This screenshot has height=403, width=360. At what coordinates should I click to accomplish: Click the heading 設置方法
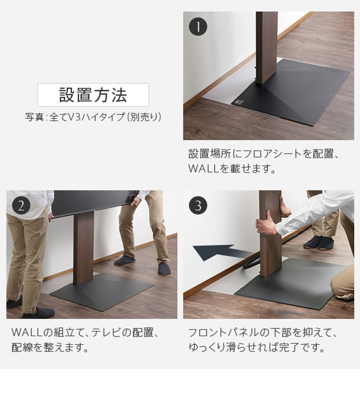point(93,95)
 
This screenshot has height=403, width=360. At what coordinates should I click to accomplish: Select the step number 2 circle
point(21,206)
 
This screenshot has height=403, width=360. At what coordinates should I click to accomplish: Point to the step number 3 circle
point(198,206)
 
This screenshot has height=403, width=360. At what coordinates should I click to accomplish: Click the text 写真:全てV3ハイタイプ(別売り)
point(93,117)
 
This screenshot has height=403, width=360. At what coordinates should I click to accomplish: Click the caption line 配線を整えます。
point(50,347)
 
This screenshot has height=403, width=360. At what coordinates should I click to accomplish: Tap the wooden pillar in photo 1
point(266,46)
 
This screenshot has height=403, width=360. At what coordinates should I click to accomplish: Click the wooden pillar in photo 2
point(83,247)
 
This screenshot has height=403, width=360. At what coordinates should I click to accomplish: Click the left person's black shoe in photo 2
point(39,313)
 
